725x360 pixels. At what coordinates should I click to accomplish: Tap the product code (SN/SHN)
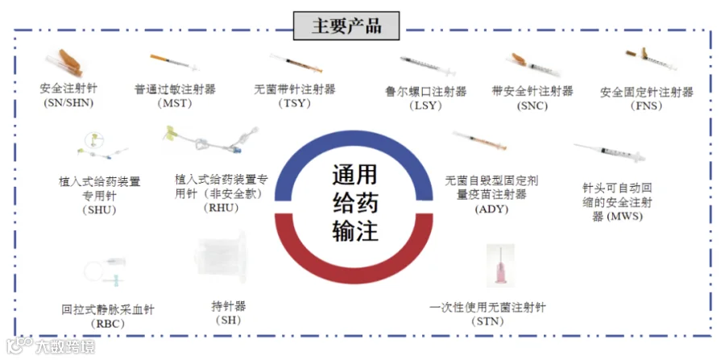(68, 103)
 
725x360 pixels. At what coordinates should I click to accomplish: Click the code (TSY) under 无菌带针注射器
(294, 103)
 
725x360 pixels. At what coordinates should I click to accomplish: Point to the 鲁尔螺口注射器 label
(426, 91)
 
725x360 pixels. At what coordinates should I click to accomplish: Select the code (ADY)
(491, 209)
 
